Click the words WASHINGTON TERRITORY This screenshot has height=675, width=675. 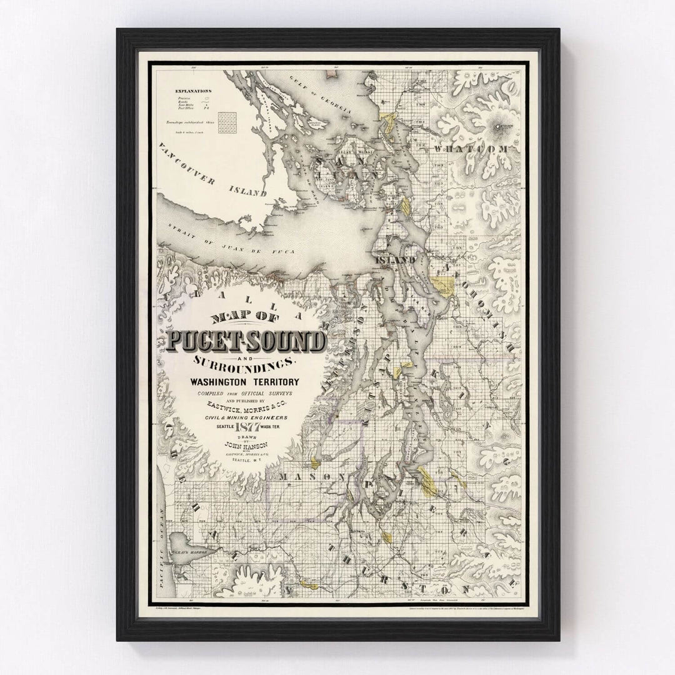[246, 381]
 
